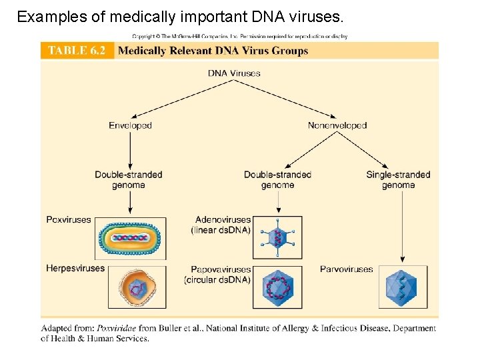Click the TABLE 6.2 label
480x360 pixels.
pos(77,51)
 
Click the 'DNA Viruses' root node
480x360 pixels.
pos(234,73)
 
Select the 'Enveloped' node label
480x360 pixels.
pos(130,125)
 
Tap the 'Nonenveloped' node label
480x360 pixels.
pos(337,125)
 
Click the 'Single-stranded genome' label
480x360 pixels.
pos(398,180)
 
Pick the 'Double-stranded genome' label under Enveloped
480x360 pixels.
pos(128,180)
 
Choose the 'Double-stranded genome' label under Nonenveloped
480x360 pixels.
pos(277,180)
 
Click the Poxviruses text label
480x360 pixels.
pos(69,219)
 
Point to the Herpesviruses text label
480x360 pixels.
pos(75,269)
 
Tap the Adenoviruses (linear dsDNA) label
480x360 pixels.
pos(223,225)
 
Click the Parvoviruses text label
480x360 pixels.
pos(346,269)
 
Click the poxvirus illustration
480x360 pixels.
pos(133,237)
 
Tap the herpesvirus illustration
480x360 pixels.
pos(137,287)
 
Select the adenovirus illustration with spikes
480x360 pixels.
pos(277,237)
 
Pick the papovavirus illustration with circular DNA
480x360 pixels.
pos(277,287)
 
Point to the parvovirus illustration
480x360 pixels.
pos(401,287)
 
